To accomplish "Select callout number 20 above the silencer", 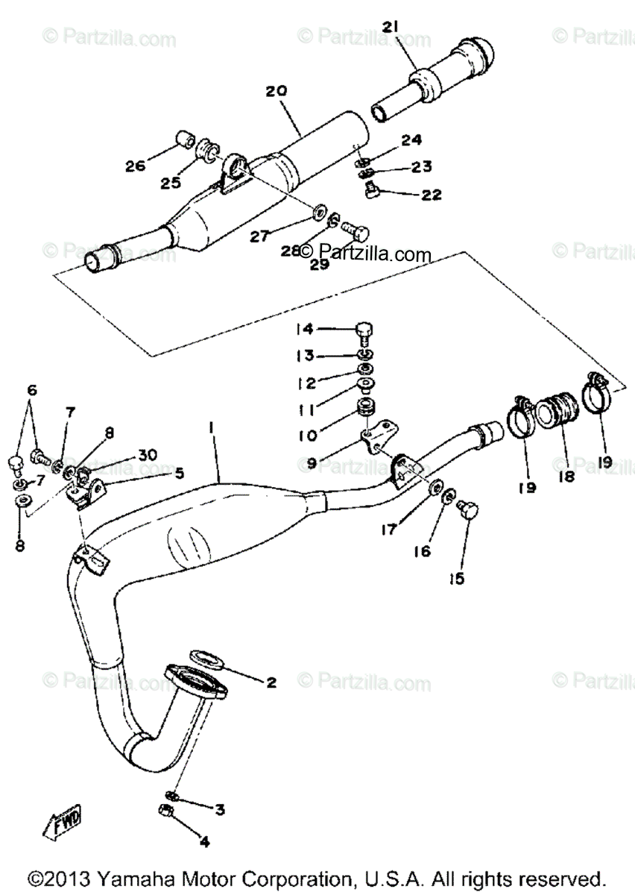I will pos(276,91).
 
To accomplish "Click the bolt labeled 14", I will pos(364,330).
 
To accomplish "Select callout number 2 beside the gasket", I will pos(271,682).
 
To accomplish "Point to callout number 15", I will pos(456,577).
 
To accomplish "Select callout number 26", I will pos(135,166).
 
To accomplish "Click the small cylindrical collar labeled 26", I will pos(183,140).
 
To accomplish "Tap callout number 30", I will pos(148,455).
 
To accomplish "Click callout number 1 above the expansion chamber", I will pos(212,428).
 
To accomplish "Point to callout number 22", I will pos(431,195).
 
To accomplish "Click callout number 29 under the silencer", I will pos(319,264).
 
